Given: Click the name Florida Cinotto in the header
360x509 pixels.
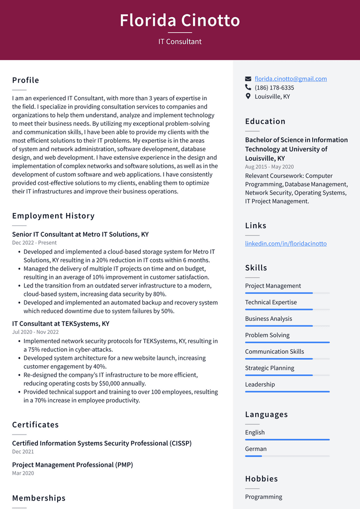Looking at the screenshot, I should pyautogui.click(x=180, y=21).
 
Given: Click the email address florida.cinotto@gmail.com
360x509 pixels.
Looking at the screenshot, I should pyautogui.click(x=290, y=79).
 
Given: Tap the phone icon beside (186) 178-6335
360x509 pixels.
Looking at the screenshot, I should pyautogui.click(x=248, y=88).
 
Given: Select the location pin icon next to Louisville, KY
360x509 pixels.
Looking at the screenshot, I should pyautogui.click(x=248, y=97).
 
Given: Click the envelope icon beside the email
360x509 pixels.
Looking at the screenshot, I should pyautogui.click(x=248, y=79).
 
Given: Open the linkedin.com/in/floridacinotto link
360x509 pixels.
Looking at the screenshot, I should pyautogui.click(x=285, y=243).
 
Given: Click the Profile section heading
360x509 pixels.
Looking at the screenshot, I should pyautogui.click(x=25, y=80).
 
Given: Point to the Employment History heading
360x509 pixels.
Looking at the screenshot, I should pyautogui.click(x=53, y=216).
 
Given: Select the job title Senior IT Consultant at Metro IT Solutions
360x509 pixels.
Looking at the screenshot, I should pyautogui.click(x=80, y=234).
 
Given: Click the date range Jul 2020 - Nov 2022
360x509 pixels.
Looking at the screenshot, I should pyautogui.click(x=35, y=332).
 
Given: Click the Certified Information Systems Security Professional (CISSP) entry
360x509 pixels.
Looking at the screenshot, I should pyautogui.click(x=101, y=443).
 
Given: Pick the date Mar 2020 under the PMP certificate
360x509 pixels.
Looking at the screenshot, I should pyautogui.click(x=23, y=473).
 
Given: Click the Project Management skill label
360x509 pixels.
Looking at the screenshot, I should pyautogui.click(x=272, y=286).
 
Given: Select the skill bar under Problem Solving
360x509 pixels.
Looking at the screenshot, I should pyautogui.click(x=287, y=342).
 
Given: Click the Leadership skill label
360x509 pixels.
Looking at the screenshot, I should pyautogui.click(x=260, y=385).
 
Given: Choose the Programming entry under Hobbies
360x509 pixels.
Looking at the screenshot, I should pyautogui.click(x=263, y=497).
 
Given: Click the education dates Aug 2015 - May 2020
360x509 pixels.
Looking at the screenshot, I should pyautogui.click(x=269, y=167).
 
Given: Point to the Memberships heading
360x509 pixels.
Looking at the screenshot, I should pyautogui.click(x=39, y=498).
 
